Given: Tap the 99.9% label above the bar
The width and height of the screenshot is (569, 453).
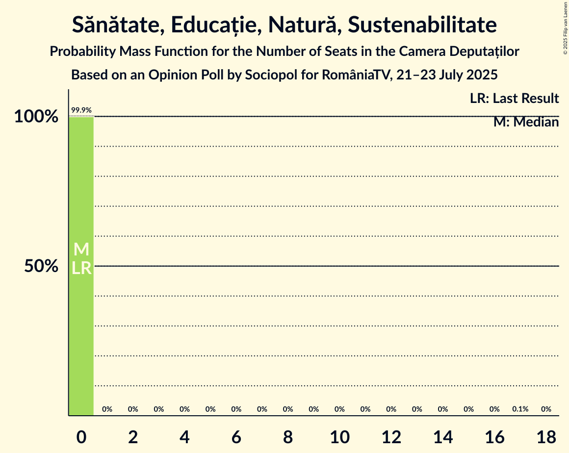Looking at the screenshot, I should (81, 110).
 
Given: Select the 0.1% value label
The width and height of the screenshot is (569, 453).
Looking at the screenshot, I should (520, 409).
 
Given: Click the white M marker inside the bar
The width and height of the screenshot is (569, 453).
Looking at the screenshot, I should (81, 250).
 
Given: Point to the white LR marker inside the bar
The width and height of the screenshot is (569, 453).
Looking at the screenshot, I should (81, 268).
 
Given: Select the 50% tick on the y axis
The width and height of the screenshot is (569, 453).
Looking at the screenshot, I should (42, 266).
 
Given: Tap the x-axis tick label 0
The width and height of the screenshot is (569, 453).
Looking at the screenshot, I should (81, 438).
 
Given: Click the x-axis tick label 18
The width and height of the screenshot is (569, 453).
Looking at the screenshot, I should (546, 438).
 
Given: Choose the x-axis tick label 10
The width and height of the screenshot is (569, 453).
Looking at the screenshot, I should (339, 438).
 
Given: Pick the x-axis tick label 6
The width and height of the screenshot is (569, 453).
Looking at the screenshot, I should (236, 438).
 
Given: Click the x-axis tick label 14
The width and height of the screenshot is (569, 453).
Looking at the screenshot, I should (443, 438).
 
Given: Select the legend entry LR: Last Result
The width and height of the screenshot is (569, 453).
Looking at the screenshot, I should (514, 99).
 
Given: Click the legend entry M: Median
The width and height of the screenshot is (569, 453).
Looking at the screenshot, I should (526, 122).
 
